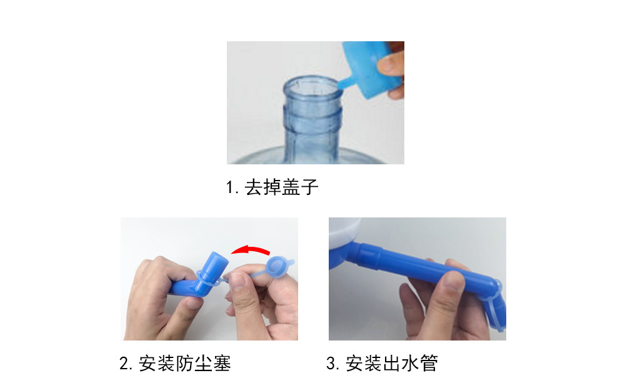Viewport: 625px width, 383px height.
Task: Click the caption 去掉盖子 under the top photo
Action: tap(282, 187)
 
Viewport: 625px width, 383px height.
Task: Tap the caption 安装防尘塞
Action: tap(185, 364)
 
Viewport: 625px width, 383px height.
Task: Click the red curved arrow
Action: tap(250, 250)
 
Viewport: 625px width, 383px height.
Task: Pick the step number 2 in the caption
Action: tap(124, 364)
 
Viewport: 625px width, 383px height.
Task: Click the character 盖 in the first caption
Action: tap(291, 187)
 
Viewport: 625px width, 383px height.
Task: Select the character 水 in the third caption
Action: tap(411, 364)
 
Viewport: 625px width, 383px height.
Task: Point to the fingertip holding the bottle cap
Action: tap(387, 63)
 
